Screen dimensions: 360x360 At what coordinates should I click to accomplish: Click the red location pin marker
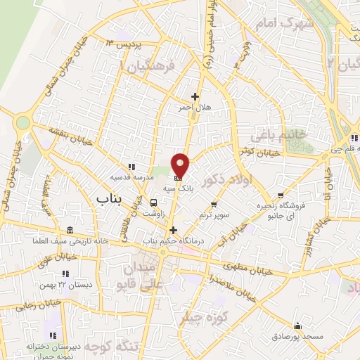click(x=181, y=165)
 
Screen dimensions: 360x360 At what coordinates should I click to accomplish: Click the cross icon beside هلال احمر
click(x=195, y=96)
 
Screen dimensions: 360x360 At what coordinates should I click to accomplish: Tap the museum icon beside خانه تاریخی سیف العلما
click(x=70, y=231)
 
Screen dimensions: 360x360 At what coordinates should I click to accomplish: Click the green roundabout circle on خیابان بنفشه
click(x=23, y=123)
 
